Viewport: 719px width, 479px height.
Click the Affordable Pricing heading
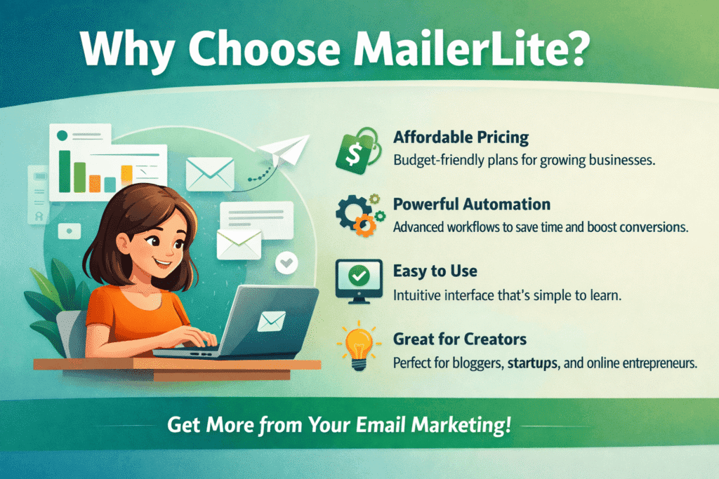coord(461,137)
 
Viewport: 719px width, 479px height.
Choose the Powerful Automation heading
coord(470,204)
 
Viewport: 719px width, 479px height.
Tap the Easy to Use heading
coord(435,270)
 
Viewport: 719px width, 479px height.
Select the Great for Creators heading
coord(459,339)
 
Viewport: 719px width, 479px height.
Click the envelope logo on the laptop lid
coord(270,322)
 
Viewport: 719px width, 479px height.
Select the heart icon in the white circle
coord(287,264)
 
